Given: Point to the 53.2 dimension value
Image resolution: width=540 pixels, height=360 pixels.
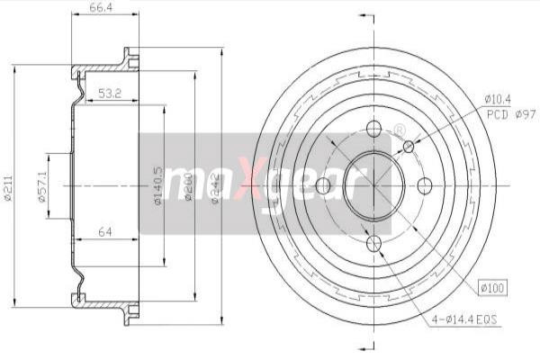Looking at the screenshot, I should (x=110, y=92).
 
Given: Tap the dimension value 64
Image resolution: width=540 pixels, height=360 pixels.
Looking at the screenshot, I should (x=105, y=233).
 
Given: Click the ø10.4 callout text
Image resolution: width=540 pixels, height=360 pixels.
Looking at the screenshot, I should (x=498, y=98).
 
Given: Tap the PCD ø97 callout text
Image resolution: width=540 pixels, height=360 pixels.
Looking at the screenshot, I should (x=510, y=114).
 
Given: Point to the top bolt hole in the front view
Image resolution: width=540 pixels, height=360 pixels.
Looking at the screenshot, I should (x=374, y=130).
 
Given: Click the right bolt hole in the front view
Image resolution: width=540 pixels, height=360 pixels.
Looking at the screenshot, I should (x=426, y=186).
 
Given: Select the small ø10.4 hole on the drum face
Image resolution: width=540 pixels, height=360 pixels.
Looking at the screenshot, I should (x=409, y=146).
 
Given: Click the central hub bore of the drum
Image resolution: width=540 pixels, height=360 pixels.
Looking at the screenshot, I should (x=369, y=184).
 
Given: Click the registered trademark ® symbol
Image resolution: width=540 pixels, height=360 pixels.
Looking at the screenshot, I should (x=399, y=131).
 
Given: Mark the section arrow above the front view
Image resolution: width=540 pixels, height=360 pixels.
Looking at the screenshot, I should (x=364, y=17).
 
